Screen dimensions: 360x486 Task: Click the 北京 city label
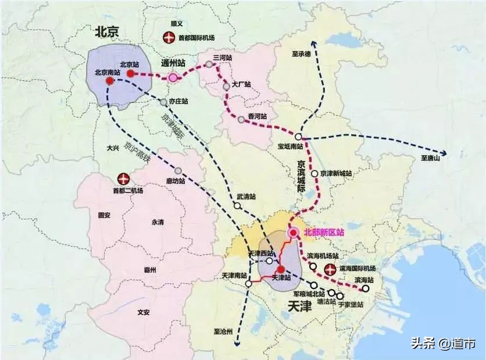coord(107,32)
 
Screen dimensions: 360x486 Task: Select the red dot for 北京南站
coord(109,81)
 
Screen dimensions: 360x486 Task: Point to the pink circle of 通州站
coord(173,77)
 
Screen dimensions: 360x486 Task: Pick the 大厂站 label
coord(241,84)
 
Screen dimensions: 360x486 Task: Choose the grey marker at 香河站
coord(241,119)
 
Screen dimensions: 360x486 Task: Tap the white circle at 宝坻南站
coord(298,137)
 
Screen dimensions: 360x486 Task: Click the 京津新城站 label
coord(337,173)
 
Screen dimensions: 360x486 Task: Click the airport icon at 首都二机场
coord(123,178)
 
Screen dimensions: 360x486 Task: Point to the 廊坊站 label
coord(176,181)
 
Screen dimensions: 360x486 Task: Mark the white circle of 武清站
coord(237,206)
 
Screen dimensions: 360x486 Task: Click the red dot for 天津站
coord(281,269)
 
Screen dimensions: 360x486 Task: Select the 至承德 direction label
coord(301,54)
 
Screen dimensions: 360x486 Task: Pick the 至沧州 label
coord(222,332)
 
